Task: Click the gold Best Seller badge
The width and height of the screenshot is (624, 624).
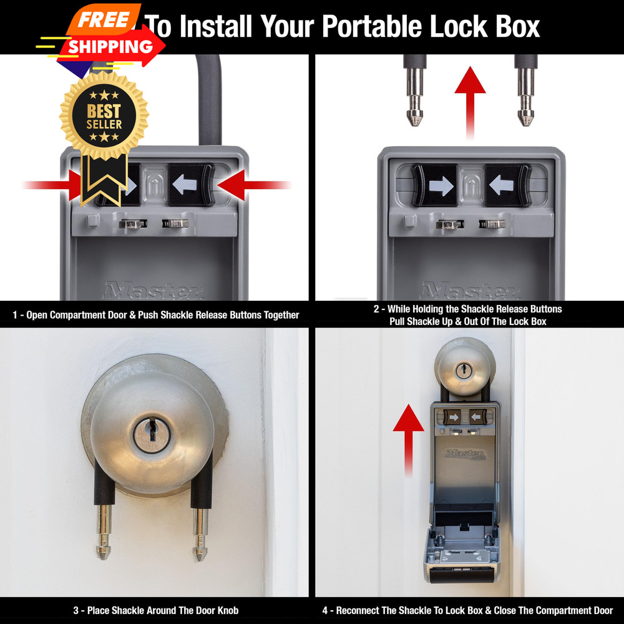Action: (x=104, y=116)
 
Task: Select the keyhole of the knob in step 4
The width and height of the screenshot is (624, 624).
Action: (x=464, y=371)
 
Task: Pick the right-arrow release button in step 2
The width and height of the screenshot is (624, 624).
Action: (x=435, y=185)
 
